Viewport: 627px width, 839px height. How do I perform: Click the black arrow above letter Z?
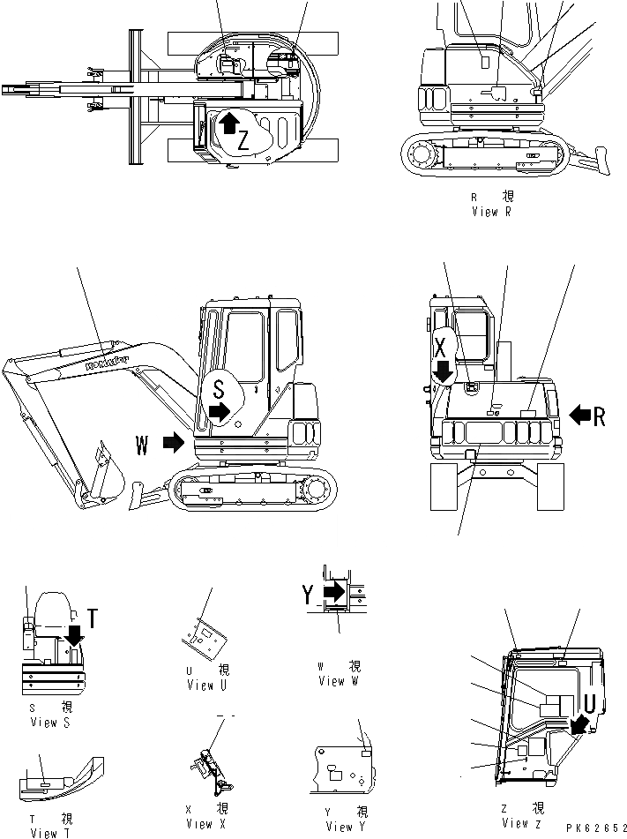point(228,121)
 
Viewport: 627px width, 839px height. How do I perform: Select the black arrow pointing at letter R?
point(581,415)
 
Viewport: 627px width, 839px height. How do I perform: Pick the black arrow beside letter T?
point(76,633)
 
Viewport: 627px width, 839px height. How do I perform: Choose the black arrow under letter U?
point(579,723)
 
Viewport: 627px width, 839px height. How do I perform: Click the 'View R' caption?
point(497,211)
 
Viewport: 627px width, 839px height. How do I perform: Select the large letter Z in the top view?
point(244,139)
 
